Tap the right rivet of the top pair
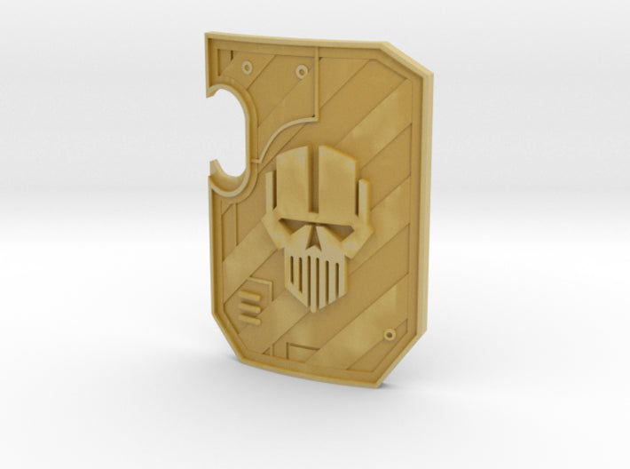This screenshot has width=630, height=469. [303, 69]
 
